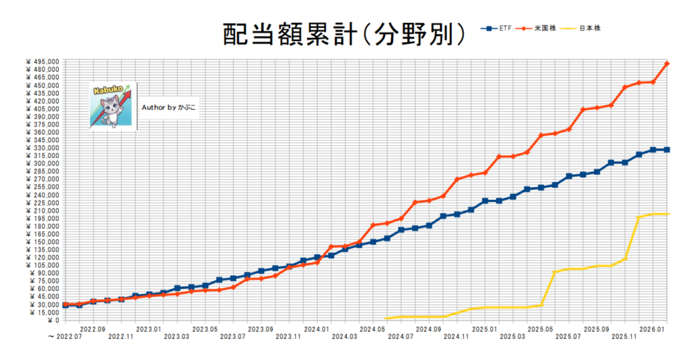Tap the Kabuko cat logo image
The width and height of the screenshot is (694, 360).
(113, 105)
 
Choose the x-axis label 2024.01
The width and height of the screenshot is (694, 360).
(317, 328)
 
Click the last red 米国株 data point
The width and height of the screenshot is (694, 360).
(667, 63)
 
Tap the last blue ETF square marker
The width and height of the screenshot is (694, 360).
(667, 149)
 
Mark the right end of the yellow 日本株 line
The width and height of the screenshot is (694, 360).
(668, 214)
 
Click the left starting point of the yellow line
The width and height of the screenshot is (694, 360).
(386, 318)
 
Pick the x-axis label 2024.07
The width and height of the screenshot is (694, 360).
(401, 336)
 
